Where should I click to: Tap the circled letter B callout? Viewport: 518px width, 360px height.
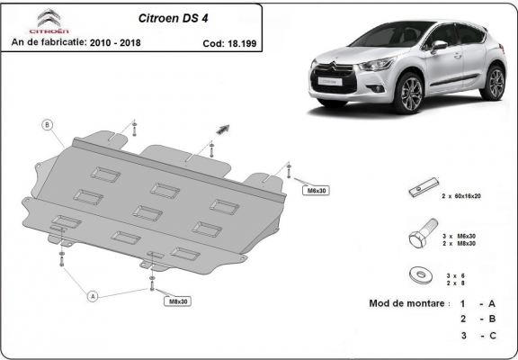(x=47, y=124)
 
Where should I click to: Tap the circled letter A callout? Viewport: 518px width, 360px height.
(x=92, y=293)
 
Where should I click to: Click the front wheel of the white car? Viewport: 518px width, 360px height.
(x=410, y=93)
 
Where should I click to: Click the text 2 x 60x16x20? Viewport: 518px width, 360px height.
(x=461, y=195)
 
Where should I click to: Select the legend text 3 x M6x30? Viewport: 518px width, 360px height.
(x=461, y=234)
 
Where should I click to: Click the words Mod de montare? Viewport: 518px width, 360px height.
(x=407, y=303)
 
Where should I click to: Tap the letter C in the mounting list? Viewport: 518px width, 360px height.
(x=493, y=335)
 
